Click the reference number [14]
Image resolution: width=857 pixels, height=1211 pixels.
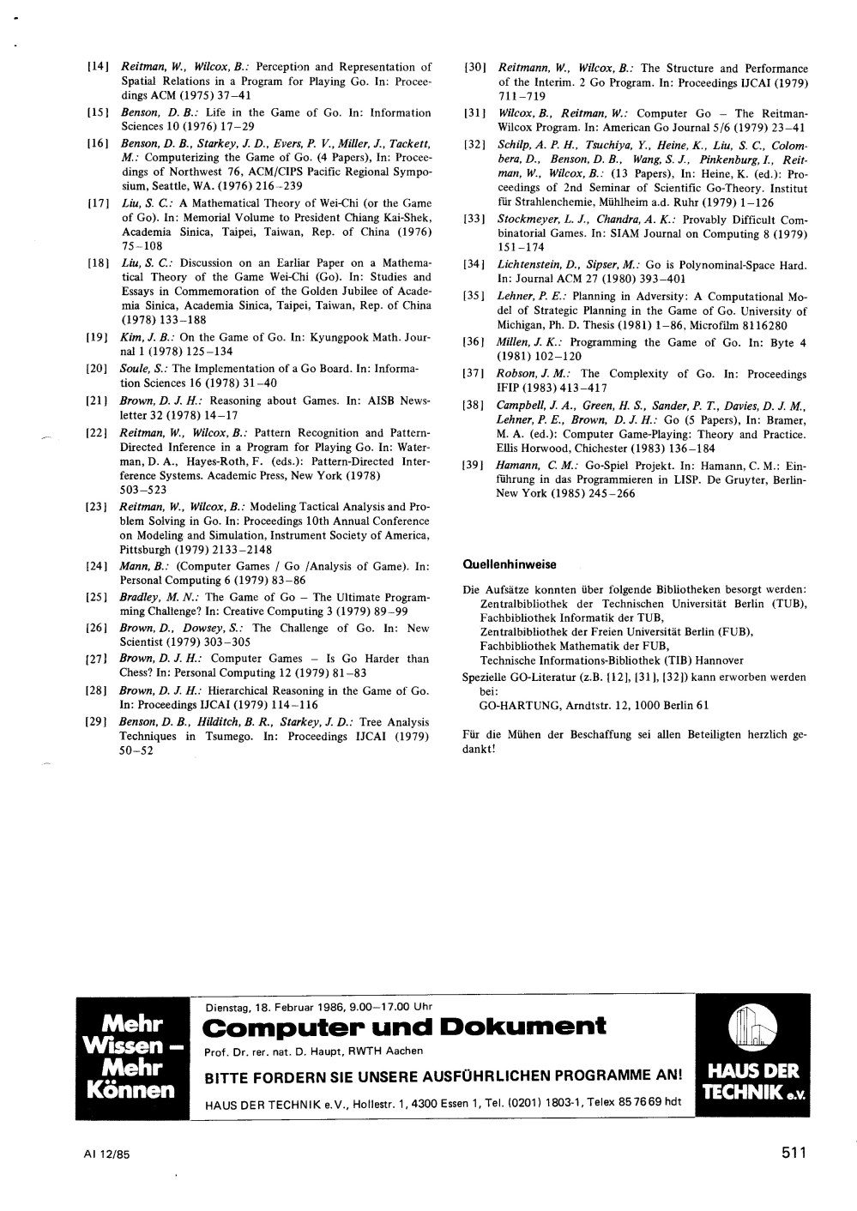[98, 67]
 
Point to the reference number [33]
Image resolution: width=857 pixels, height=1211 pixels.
[474, 220]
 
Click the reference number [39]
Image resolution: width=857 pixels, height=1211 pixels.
[474, 466]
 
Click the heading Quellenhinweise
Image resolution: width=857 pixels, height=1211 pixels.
[509, 564]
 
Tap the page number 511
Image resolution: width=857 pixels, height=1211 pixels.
[794, 1154]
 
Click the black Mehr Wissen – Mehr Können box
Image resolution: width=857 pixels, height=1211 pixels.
[133, 1057]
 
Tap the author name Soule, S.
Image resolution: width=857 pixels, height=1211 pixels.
[142, 368]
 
